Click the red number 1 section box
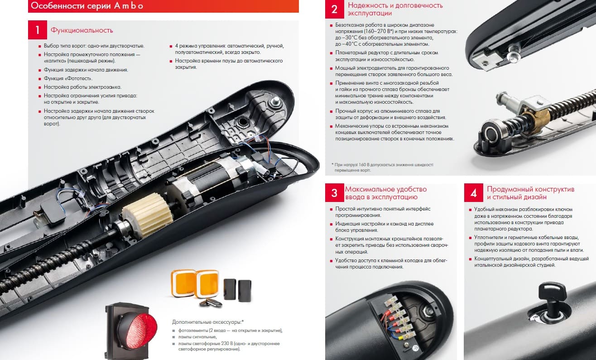[38, 30]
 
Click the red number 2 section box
[334, 10]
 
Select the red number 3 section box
[334, 192]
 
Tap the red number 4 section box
[474, 192]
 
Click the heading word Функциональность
[82, 30]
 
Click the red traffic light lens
[137, 331]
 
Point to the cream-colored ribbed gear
[147, 214]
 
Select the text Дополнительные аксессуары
[208, 322]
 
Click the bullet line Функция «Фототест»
[68, 78]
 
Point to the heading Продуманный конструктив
[530, 189]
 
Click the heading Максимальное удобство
[386, 189]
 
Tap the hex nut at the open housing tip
[275, 101]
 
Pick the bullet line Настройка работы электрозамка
[82, 87]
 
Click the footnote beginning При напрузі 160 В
[383, 168]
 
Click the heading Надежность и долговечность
[395, 5]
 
